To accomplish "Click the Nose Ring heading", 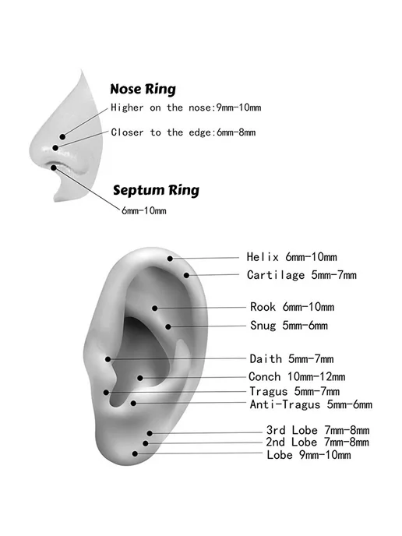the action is click(143, 89).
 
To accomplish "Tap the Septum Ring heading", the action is click(156, 190).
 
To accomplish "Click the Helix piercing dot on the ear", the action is click(170, 259).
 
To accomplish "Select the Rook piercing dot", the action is click(155, 309).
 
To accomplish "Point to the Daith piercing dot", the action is click(108, 359).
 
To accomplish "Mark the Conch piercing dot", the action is click(140, 378).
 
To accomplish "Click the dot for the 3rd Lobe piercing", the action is click(150, 433).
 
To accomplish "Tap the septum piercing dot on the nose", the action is click(54, 167).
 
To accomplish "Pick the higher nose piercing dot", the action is click(62, 137).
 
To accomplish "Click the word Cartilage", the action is click(276, 275).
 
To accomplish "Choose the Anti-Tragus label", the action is click(285, 404).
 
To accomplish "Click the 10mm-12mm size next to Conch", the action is click(316, 377).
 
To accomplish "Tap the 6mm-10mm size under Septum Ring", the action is click(144, 210).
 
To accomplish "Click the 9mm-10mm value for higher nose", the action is click(238, 108).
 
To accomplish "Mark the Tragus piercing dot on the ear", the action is click(106, 393).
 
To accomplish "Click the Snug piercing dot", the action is click(168, 327).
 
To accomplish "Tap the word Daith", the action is click(266, 359).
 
